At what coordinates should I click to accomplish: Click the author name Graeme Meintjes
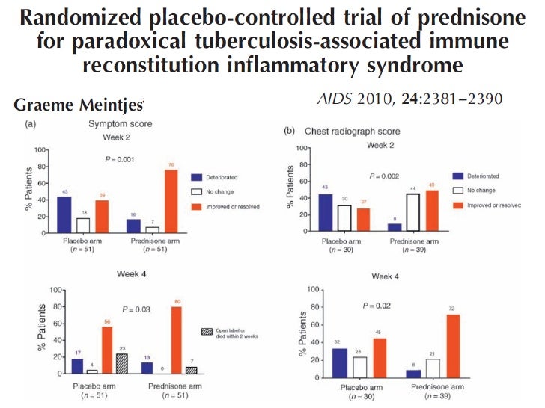click(78, 105)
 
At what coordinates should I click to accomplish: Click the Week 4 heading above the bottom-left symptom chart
click(130, 273)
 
